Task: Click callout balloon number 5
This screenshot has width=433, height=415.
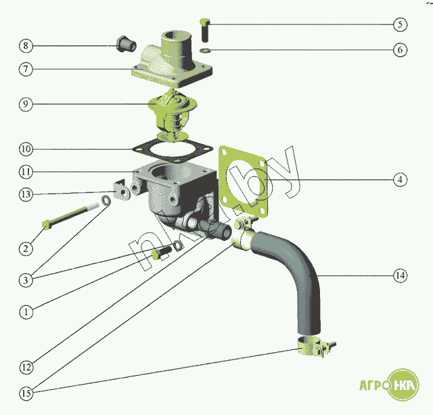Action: pyautogui.click(x=400, y=24)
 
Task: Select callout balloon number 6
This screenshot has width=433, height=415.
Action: pyautogui.click(x=400, y=50)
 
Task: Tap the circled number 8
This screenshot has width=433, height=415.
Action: pyautogui.click(x=26, y=46)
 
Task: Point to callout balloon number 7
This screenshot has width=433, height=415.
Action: pyautogui.click(x=26, y=69)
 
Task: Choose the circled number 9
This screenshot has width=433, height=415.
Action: pyautogui.click(x=26, y=104)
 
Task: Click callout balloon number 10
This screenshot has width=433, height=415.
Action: pyautogui.click(x=26, y=148)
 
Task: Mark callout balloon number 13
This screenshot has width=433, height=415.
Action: pyautogui.click(x=26, y=194)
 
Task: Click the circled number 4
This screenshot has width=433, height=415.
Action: pyautogui.click(x=400, y=179)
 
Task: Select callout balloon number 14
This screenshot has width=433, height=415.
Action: pyautogui.click(x=400, y=276)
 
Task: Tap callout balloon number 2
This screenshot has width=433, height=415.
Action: pyautogui.click(x=26, y=248)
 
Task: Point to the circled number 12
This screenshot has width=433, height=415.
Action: pyautogui.click(x=26, y=368)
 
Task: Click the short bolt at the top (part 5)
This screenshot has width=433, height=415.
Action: pyautogui.click(x=206, y=30)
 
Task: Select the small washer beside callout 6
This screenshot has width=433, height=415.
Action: pyautogui.click(x=206, y=50)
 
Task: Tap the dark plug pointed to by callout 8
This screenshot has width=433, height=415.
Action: pyautogui.click(x=126, y=45)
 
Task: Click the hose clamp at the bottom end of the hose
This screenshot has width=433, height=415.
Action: pyautogui.click(x=313, y=347)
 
